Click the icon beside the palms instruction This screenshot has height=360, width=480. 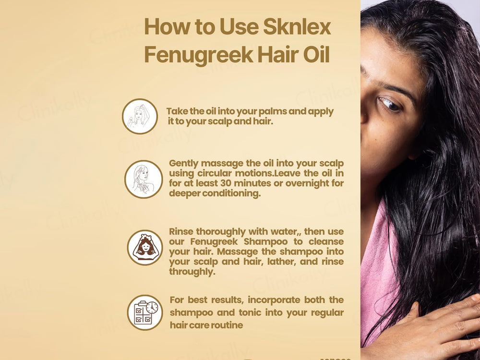[x=140, y=116]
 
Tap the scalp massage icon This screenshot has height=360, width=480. [x=143, y=179]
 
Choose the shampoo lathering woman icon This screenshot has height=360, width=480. [x=144, y=248]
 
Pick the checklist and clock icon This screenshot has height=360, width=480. [x=145, y=312]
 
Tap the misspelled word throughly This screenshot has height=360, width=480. [x=192, y=272]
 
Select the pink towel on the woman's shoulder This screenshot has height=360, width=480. [x=379, y=269]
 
